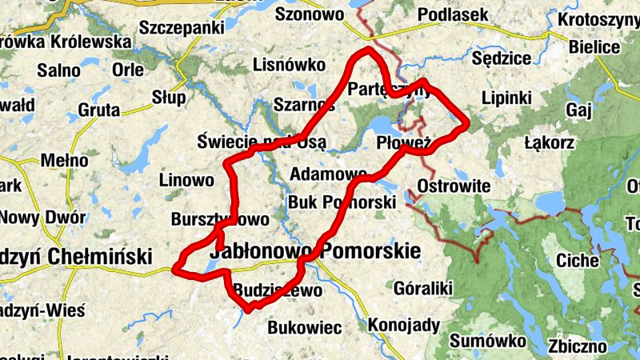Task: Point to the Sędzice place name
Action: coord(502,58)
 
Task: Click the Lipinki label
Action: coord(507,98)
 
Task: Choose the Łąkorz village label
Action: coord(549,144)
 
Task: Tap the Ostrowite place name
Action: coord(453,186)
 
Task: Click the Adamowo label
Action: coord(328,174)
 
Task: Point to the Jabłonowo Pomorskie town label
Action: coord(314,252)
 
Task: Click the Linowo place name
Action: coord(186,180)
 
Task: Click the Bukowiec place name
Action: coord(304,327)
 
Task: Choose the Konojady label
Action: coord(404,326)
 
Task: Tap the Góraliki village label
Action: coord(424,288)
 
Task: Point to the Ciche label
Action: coord(576,261)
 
